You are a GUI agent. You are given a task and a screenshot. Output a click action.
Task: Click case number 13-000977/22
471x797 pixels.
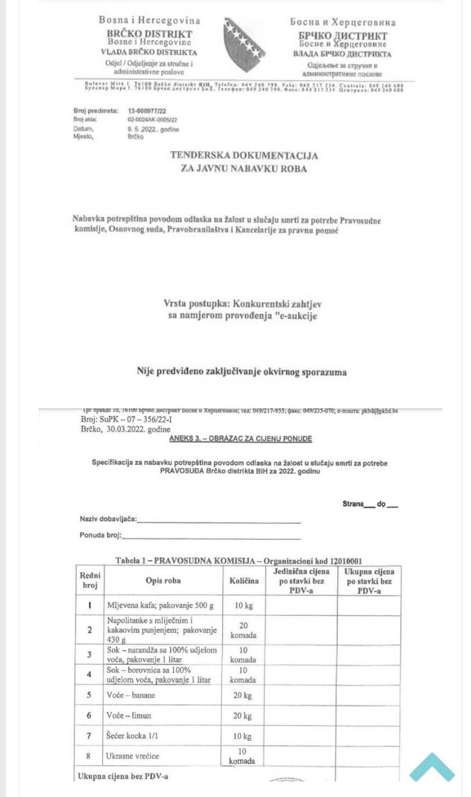coord(147,111)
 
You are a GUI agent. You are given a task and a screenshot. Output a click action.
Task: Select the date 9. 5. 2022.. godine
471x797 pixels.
coord(153,129)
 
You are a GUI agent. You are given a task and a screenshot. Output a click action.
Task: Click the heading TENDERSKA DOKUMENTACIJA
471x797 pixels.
coord(244,155)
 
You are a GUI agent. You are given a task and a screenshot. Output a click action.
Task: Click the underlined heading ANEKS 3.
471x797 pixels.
coord(240,439)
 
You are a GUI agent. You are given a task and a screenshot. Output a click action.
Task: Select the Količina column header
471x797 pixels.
coord(244,581)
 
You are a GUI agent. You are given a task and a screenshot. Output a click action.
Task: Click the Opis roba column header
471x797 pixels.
coord(163,581)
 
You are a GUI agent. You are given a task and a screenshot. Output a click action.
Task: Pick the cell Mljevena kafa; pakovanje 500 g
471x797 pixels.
coord(160,606)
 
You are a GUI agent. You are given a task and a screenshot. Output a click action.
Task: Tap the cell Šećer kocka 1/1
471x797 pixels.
coord(132,736)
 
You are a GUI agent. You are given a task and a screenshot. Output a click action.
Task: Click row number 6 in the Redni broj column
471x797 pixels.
coord(89,715)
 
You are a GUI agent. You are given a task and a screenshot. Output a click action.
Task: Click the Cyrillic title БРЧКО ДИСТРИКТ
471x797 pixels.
coord(342,35)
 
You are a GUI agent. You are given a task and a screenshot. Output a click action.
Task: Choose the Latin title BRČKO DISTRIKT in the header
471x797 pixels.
coord(149,34)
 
